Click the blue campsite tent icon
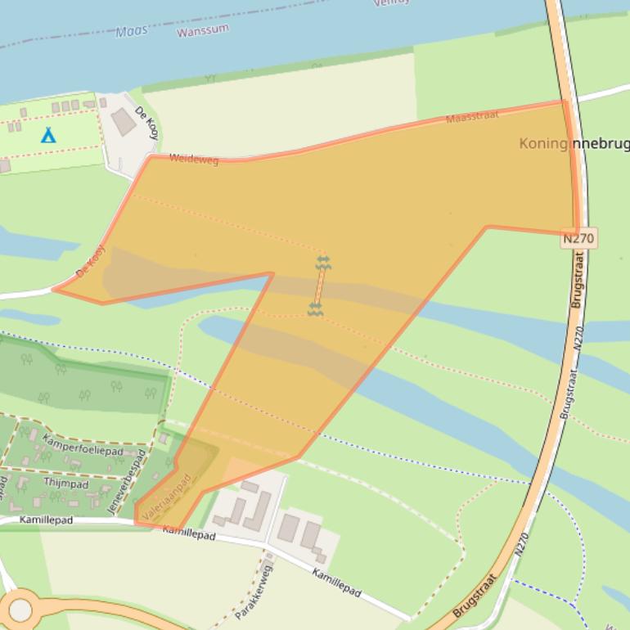48,134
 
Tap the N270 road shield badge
579,239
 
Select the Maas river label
132,31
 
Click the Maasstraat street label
472,118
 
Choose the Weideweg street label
194,160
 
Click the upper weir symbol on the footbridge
323,262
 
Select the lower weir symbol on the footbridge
315,308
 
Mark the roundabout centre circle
20,610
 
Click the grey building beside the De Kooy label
124,123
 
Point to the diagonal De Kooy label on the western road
91,260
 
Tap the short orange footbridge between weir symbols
319,286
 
